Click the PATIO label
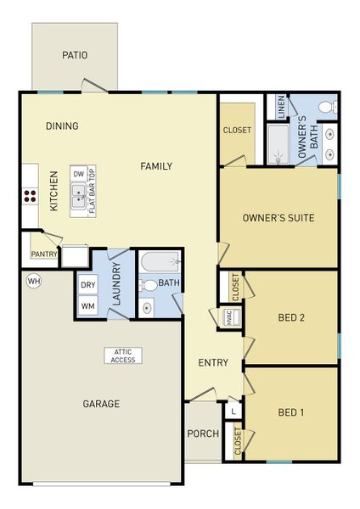point(75,56)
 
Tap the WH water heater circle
point(34,280)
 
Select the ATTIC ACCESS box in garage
point(123,355)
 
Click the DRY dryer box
point(88,286)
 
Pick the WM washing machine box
point(88,305)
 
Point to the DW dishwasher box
point(78,173)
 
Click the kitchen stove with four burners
point(30,197)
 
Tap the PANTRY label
point(42,254)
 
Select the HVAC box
point(229,317)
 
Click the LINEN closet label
point(278,107)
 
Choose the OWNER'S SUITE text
point(278,218)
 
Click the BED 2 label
point(291,318)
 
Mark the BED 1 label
point(291,413)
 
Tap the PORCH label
point(203,433)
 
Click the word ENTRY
point(213,363)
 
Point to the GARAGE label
point(101,404)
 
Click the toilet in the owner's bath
point(326,107)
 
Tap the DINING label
point(62,126)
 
